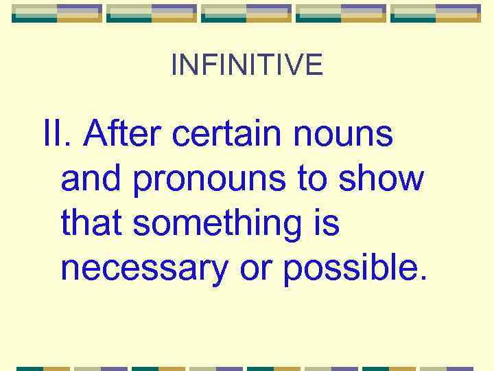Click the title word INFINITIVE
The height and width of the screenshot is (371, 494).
point(247,65)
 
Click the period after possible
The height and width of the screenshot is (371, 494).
point(421,279)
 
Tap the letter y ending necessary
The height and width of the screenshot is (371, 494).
point(220,272)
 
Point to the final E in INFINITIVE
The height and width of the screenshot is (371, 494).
point(314,65)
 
